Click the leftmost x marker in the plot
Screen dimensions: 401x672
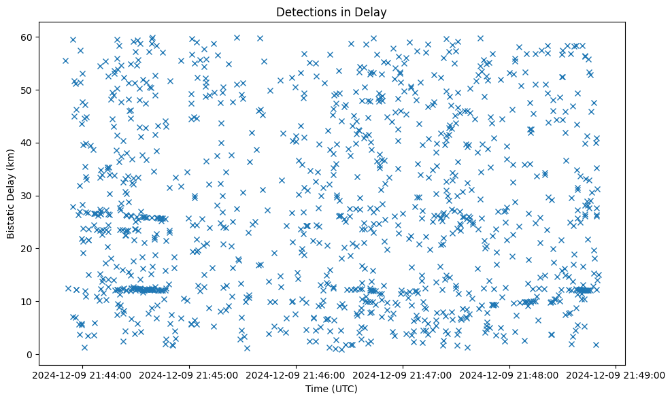coord(65,60)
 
